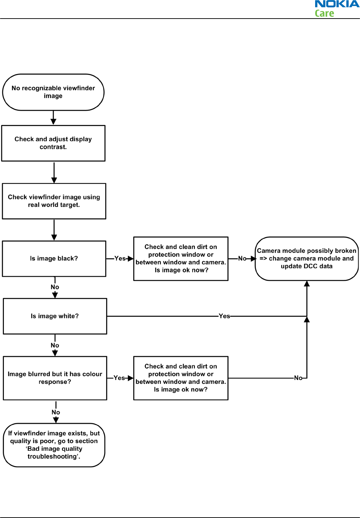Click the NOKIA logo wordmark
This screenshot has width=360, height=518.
[x=337, y=4]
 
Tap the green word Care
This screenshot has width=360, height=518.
[x=324, y=13]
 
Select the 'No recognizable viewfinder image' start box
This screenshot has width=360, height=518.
[x=53, y=92]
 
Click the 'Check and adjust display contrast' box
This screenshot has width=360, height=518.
[x=53, y=143]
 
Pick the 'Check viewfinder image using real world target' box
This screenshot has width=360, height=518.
[x=54, y=201]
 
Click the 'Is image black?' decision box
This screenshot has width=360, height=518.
[x=54, y=258]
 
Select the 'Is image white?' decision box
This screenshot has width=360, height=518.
[x=55, y=316]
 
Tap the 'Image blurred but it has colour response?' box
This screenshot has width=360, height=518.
[x=55, y=378]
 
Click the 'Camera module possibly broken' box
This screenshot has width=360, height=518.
[x=307, y=258]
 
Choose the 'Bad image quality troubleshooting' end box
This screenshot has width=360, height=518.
[x=54, y=445]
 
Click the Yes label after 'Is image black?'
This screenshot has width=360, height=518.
[x=120, y=258]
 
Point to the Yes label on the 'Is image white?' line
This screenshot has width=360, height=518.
[x=224, y=316]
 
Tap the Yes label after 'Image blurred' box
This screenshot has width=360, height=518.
[x=119, y=378]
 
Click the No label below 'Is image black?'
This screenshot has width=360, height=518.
[x=55, y=287]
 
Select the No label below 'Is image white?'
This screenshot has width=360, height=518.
[x=55, y=345]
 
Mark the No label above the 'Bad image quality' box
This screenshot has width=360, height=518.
[x=56, y=412]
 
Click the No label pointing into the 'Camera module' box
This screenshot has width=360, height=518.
[x=242, y=258]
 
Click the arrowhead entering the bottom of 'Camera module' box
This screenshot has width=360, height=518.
[x=307, y=283]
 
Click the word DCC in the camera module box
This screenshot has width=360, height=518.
[x=310, y=266]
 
